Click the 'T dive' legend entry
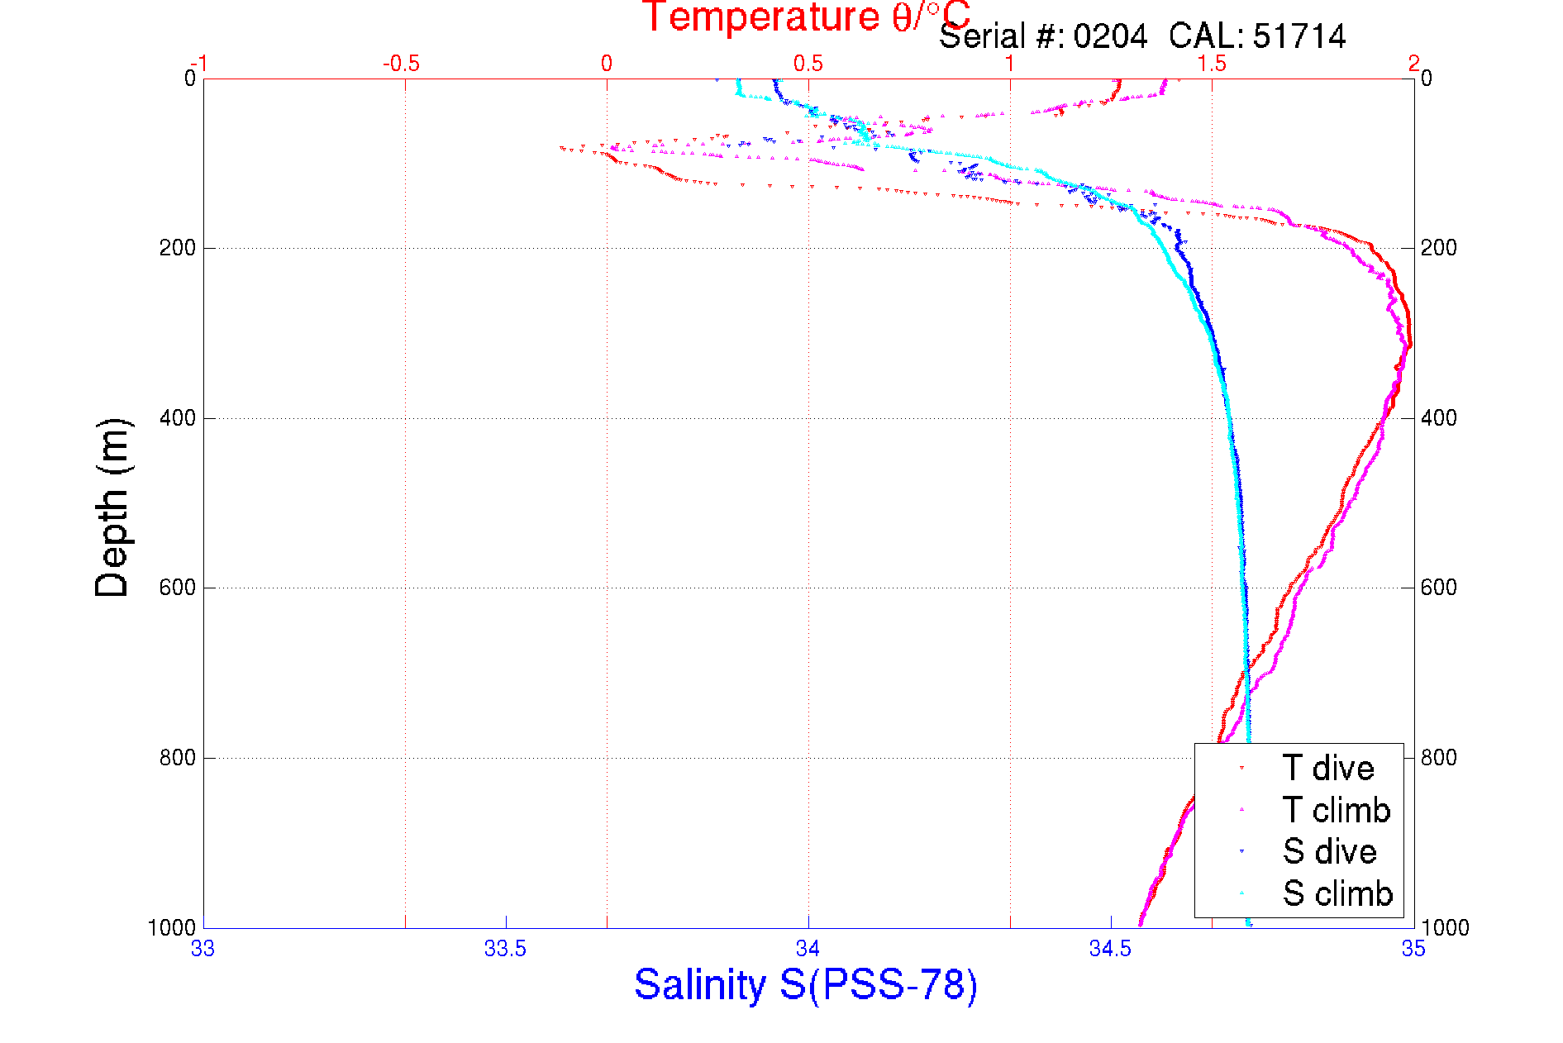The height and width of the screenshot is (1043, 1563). point(1327,769)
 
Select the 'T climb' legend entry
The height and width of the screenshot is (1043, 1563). point(1336,810)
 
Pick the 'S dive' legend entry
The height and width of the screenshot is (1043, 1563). point(1329,851)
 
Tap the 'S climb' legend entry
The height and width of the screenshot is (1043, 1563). point(1337,893)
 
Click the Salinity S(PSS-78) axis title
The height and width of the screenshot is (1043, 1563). point(806,985)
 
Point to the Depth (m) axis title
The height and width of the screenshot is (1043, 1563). point(113,507)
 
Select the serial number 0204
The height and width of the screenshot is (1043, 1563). point(1110,37)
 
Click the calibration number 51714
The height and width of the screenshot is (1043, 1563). point(1299,37)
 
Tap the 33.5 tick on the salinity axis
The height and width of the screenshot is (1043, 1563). point(505,949)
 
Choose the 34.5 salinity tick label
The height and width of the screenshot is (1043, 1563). point(1110,949)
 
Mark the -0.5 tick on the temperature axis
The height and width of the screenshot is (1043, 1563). point(401,64)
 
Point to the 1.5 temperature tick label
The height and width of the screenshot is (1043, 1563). point(1212,64)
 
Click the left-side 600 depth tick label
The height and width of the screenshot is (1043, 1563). point(177,588)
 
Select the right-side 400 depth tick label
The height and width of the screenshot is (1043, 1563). point(1438,418)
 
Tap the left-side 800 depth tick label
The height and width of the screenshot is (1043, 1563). point(177,758)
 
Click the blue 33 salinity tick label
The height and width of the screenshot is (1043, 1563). point(203,949)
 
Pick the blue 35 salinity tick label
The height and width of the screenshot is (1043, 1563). point(1413,949)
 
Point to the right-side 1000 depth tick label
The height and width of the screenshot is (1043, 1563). point(1445,927)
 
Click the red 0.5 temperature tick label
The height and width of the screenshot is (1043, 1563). point(808,64)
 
